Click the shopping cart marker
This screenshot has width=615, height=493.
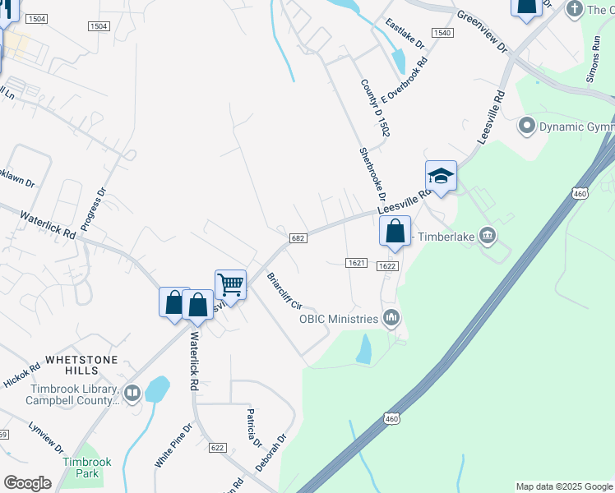[231, 285]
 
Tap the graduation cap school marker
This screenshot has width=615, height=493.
[441, 176]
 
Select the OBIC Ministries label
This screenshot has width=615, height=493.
[338, 318]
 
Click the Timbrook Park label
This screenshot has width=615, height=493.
[81, 468]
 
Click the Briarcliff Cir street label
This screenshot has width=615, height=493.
[284, 291]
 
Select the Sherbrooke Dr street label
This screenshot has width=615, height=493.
[372, 175]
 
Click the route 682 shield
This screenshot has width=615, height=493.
[298, 237]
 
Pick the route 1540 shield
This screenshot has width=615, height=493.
[442, 32]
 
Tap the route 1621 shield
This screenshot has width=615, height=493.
[355, 262]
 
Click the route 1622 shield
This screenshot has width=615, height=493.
[388, 266]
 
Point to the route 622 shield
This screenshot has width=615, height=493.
[217, 448]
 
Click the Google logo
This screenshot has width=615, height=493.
[27, 483]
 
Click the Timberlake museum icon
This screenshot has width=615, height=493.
[488, 237]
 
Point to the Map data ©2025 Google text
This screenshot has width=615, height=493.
[563, 486]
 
